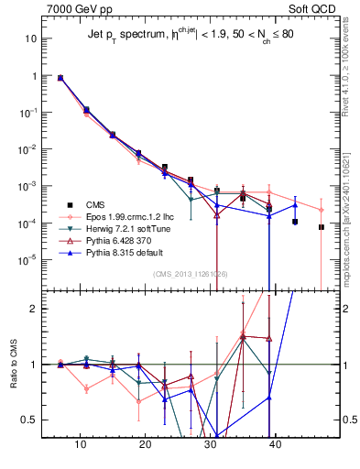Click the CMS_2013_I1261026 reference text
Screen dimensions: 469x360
coord(190,274)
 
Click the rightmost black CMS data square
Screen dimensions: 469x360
coord(322,227)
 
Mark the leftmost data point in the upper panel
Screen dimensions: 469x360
coord(60,78)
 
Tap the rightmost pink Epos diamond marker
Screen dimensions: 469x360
coord(322,209)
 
